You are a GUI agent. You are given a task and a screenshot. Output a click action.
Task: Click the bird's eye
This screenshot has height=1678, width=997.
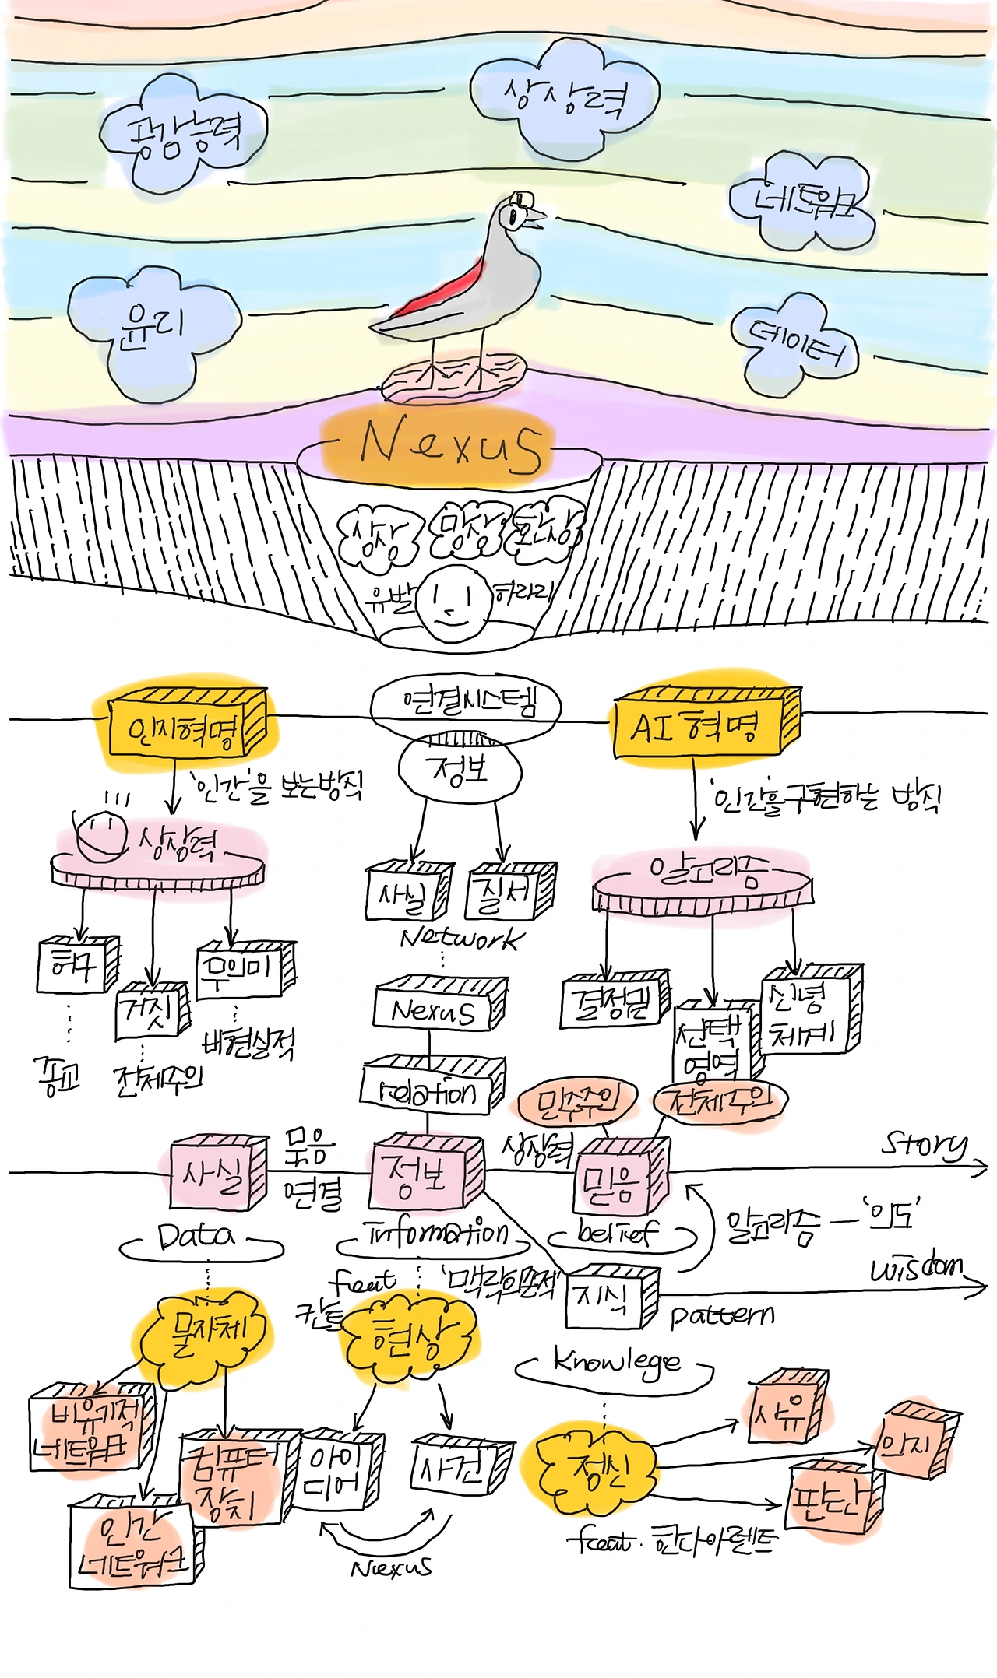tap(514, 216)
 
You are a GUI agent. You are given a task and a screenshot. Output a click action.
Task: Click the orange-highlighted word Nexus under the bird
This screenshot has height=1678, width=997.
tap(450, 446)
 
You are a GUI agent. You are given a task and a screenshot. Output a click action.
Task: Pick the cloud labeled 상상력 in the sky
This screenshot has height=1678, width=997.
tap(565, 97)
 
